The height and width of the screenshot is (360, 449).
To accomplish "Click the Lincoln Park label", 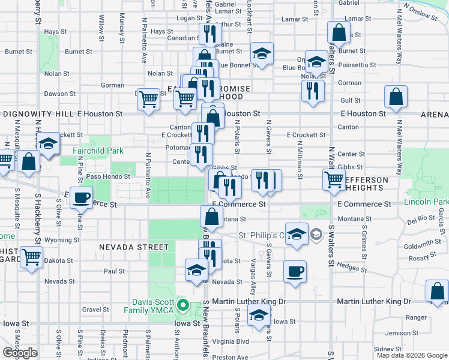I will coord(426,202).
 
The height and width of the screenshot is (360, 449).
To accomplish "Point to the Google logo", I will coord(20,352).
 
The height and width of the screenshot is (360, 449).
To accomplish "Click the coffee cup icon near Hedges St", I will coord(295,271).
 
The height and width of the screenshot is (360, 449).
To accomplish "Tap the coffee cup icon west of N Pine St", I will coord(82,197).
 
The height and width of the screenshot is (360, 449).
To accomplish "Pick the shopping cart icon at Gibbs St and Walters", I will coord(334,178).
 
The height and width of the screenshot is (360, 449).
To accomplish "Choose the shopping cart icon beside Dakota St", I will coord(32,257).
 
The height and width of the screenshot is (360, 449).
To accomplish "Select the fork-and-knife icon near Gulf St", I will coord(312,91).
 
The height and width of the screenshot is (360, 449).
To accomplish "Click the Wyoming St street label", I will coord(58,240).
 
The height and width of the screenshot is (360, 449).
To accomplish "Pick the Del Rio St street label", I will coord(421,220).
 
